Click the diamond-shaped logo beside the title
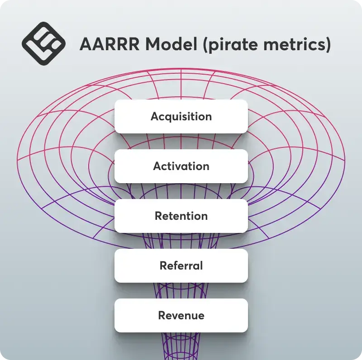pyautogui.click(x=43, y=43)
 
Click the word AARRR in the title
pyautogui.click(x=110, y=44)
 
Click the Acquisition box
pyautogui.click(x=181, y=117)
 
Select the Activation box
pyautogui.click(x=181, y=166)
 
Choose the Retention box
pyautogui.click(x=181, y=216)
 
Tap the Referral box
pyautogui.click(x=181, y=265)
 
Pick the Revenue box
pyautogui.click(x=181, y=316)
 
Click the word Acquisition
pyautogui.click(x=181, y=117)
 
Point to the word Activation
pyautogui.click(x=181, y=166)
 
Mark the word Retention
pyautogui.click(x=181, y=216)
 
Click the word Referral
pyautogui.click(x=181, y=265)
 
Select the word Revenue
pyautogui.click(x=181, y=316)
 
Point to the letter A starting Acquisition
pyautogui.click(x=155, y=116)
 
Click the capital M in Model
pyautogui.click(x=153, y=44)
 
